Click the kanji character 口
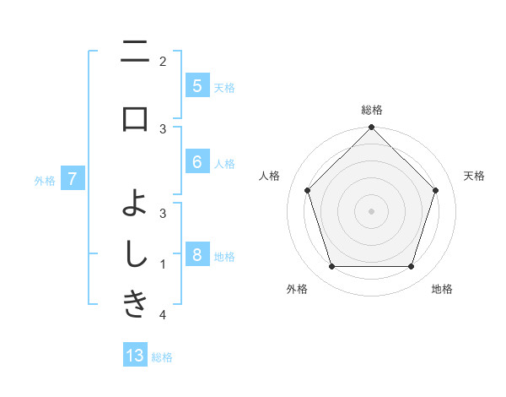135,118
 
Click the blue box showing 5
196,85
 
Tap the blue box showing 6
196,162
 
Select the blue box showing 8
196,255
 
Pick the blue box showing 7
73,178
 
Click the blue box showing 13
135,356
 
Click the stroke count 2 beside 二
163,61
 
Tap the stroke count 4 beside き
163,315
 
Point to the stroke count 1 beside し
163,264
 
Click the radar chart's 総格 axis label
371,110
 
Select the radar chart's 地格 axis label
442,289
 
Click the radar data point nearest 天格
435,190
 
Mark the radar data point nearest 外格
331,266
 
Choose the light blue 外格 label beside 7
45,180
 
